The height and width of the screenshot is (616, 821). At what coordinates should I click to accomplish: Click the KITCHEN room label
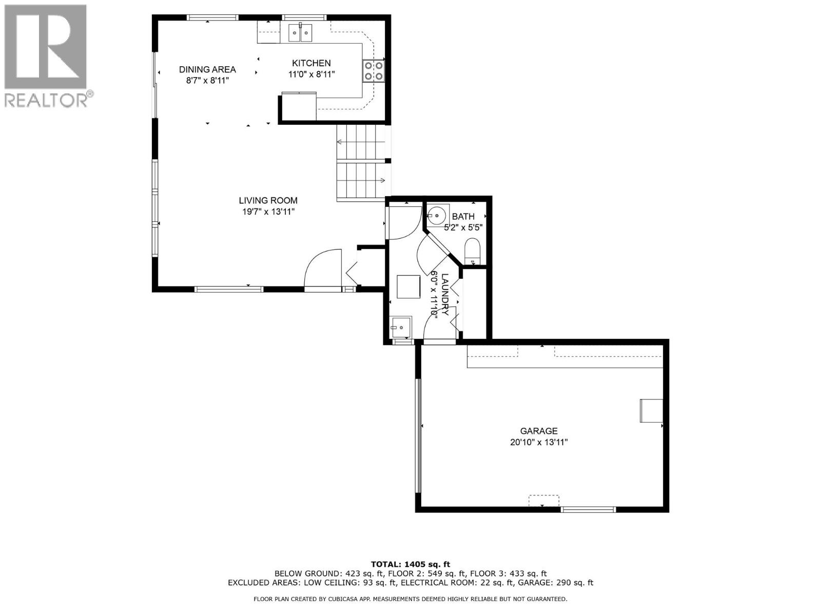311,63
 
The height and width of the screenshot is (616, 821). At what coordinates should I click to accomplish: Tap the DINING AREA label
207,69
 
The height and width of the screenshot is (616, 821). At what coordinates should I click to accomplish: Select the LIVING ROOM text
268,201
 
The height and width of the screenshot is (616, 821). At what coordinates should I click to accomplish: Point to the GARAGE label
538,431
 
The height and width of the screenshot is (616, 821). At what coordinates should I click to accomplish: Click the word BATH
463,217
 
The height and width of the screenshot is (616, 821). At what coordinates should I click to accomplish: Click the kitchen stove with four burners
373,71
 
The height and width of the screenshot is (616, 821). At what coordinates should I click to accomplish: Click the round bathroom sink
438,216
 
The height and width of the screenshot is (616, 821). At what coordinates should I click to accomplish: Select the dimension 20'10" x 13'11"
538,442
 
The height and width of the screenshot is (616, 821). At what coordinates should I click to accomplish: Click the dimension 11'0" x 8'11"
311,74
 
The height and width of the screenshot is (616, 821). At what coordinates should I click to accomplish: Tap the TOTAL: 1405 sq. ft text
410,564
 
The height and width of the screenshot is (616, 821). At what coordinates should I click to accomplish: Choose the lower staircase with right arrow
361,180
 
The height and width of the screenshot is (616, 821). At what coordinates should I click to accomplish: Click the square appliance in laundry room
408,286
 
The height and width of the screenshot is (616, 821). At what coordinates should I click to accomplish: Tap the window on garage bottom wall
588,509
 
